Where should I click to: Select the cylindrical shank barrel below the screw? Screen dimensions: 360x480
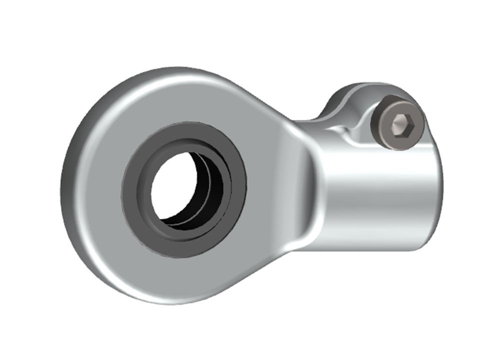click(380, 200)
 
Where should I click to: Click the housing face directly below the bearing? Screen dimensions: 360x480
click(185, 280)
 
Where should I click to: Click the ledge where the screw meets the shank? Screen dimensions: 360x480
click(400, 149)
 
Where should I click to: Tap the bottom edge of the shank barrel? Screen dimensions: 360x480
click(380, 247)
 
